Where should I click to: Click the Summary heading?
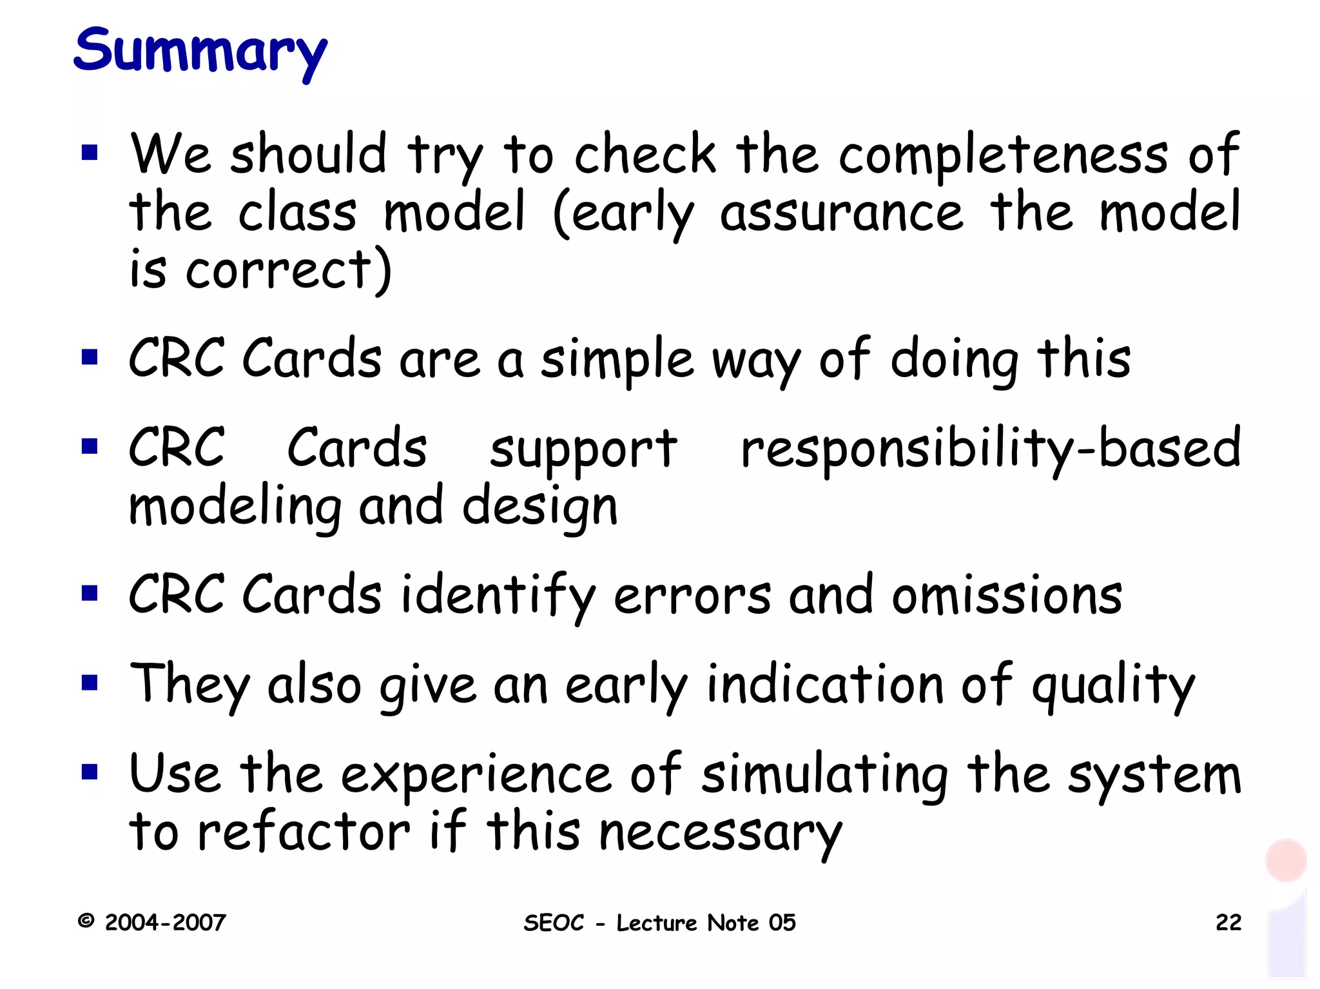(x=200, y=52)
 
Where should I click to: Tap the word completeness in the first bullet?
(x=1003, y=156)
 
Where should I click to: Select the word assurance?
(x=841, y=213)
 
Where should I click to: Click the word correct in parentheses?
(x=278, y=270)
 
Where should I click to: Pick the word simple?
(x=617, y=360)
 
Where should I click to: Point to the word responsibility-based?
(x=990, y=449)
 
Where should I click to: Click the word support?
(x=583, y=449)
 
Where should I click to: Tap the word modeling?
(x=235, y=507)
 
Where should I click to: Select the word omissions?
(x=1007, y=595)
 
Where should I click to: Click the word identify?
(x=498, y=595)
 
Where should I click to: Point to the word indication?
(x=826, y=685)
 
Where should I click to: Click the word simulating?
(x=824, y=774)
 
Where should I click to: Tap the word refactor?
(x=303, y=832)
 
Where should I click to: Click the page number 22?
(x=1228, y=923)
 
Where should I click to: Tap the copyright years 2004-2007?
(x=165, y=923)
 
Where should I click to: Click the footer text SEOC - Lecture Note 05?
(x=659, y=923)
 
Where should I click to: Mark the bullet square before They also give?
(x=90, y=683)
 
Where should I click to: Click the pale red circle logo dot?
(x=1285, y=860)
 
